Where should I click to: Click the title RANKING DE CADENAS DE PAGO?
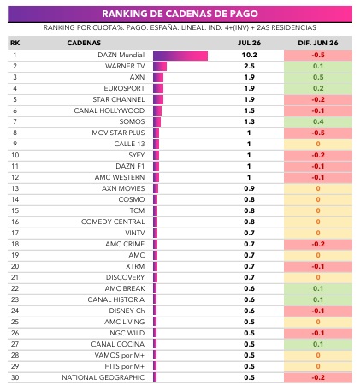click(180, 14)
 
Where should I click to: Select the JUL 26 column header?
click(249, 43)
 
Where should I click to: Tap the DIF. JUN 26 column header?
click(318, 43)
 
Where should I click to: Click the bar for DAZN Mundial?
click(180, 56)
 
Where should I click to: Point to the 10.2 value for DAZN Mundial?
click(249, 55)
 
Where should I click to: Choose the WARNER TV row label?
click(125, 66)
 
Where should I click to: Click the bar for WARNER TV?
click(160, 67)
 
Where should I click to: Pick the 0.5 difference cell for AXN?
click(318, 77)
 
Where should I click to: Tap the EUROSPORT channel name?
click(124, 88)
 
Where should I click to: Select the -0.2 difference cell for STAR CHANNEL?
click(318, 99)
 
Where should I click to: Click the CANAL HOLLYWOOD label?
click(109, 110)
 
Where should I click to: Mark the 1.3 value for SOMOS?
click(249, 121)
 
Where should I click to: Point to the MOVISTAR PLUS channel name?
click(118, 133)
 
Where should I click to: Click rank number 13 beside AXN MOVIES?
click(15, 188)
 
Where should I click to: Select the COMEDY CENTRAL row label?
click(113, 222)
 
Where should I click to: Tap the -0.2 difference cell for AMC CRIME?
click(318, 244)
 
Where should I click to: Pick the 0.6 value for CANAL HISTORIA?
click(249, 299)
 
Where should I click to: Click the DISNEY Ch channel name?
click(127, 311)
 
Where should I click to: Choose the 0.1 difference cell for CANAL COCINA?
click(318, 344)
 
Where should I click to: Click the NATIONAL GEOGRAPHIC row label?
click(103, 377)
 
